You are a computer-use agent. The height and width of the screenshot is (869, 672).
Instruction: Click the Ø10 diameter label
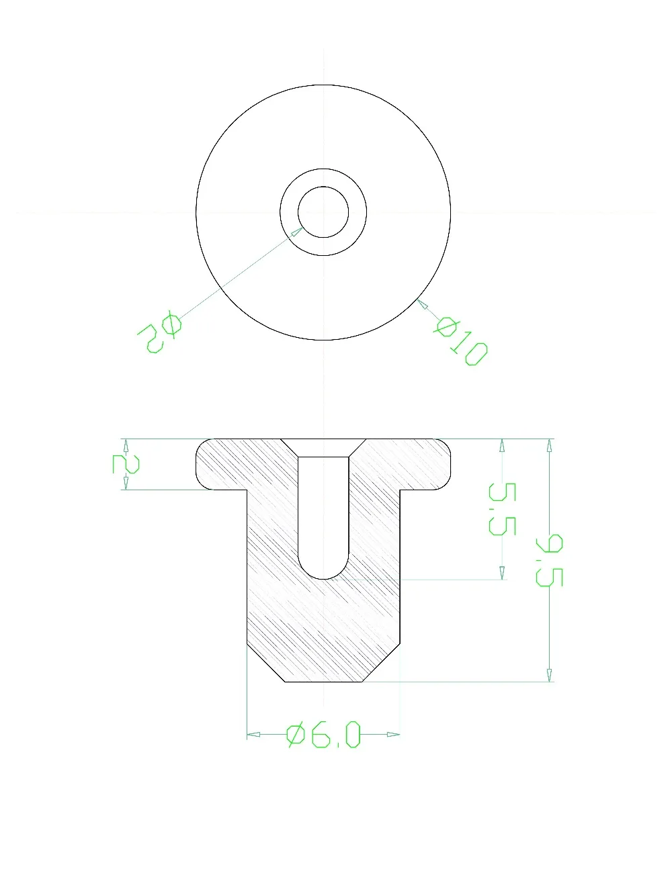click(462, 342)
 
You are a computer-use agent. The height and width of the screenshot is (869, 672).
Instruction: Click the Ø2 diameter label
click(159, 332)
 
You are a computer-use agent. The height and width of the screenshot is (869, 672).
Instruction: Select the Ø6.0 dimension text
click(324, 735)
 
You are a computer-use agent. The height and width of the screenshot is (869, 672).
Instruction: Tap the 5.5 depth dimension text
click(501, 508)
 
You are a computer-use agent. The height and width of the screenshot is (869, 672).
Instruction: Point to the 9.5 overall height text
click(549, 559)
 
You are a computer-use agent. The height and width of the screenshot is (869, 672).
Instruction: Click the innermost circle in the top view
click(323, 212)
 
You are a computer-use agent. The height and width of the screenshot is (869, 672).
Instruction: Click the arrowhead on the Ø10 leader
click(423, 304)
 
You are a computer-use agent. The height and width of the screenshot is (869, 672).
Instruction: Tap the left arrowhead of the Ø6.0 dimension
click(253, 735)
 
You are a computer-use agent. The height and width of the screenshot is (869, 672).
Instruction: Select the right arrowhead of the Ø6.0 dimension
click(394, 735)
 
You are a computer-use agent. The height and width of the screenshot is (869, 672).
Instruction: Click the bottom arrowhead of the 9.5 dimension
click(550, 674)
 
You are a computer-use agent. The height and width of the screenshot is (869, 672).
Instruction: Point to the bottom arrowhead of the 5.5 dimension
click(501, 572)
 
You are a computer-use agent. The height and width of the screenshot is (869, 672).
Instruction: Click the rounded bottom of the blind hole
click(323, 574)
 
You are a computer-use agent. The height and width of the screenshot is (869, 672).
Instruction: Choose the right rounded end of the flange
click(448, 464)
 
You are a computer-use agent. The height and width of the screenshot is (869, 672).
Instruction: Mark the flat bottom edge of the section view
click(324, 682)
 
